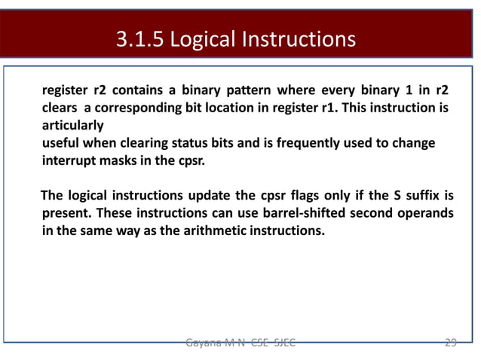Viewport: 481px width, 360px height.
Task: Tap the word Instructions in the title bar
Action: point(299,38)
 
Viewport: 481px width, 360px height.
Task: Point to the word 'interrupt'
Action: point(68,160)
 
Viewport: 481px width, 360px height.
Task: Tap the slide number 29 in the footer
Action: point(449,343)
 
